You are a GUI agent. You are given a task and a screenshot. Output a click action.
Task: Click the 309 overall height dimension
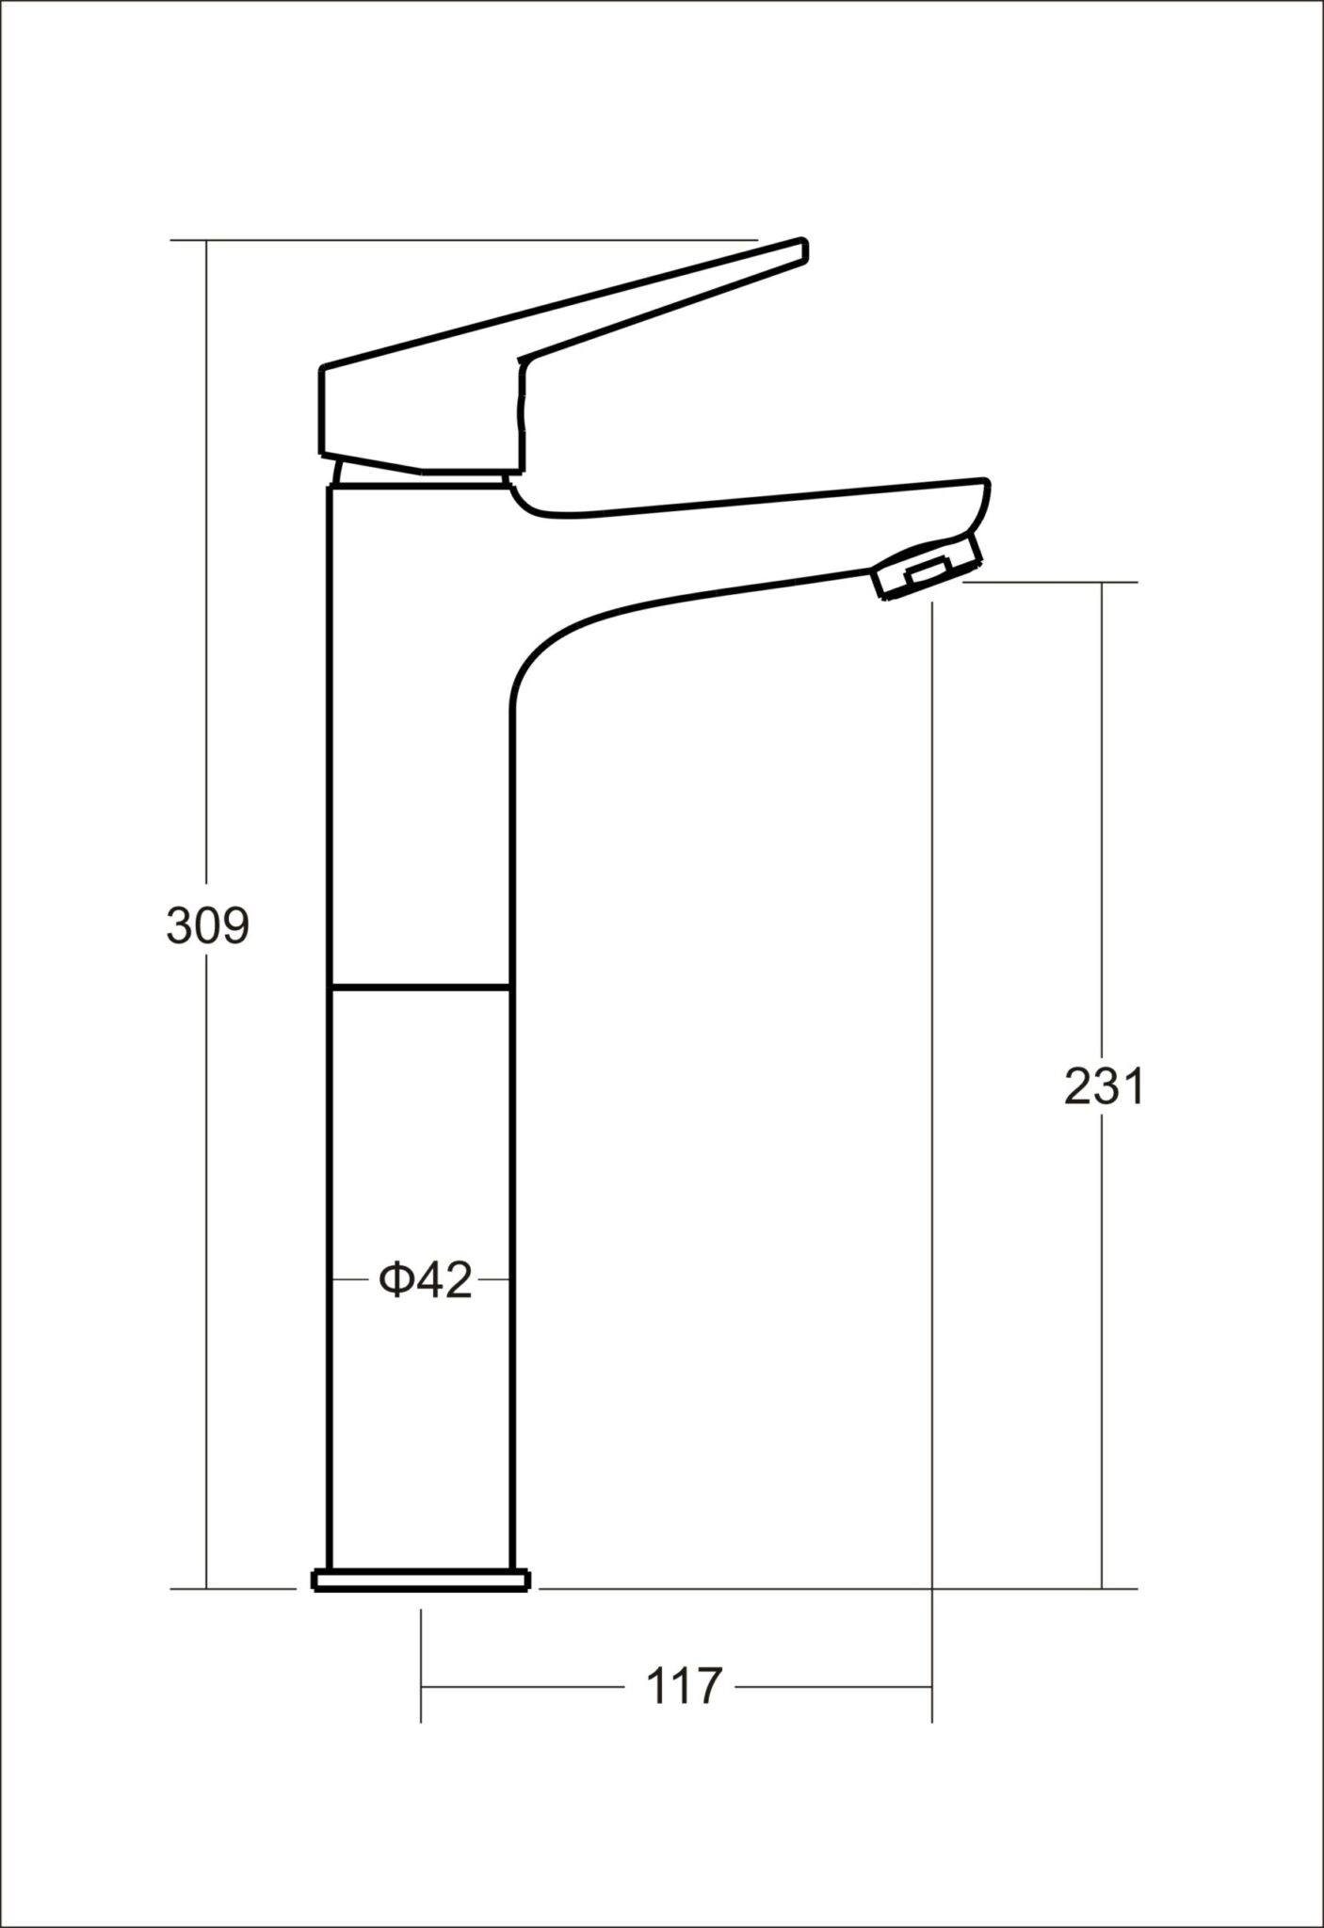pos(208,926)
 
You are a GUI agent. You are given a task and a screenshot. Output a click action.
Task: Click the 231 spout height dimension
pos(1104,1087)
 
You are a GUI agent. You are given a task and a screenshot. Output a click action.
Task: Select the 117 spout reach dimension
pos(684,1686)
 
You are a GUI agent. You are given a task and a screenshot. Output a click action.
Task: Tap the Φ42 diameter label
pos(425,1280)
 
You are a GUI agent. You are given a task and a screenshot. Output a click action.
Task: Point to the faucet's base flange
pos(421,1580)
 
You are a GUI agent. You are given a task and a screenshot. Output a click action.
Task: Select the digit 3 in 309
pos(180,926)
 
